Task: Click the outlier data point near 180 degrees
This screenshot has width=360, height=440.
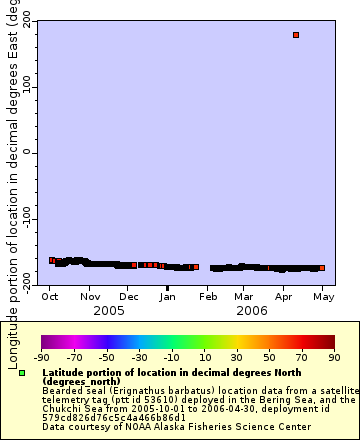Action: [x=296, y=35]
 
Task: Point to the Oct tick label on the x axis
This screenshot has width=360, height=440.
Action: [x=50, y=297]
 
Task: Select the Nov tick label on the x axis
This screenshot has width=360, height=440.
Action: [x=90, y=297]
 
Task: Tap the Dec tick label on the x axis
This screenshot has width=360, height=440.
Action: [x=128, y=297]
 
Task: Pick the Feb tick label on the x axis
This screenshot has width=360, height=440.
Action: [x=207, y=297]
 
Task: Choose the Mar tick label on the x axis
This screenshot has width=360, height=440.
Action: [x=243, y=297]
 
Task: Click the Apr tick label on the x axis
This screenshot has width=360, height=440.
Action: [x=283, y=297]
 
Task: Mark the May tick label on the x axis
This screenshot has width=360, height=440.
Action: [x=322, y=297]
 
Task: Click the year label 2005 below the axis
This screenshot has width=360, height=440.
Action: [x=108, y=311]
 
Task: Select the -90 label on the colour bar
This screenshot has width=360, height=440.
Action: [x=41, y=357]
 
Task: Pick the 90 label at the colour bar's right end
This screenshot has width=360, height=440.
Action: [x=333, y=357]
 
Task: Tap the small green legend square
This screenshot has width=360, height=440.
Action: [x=22, y=373]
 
